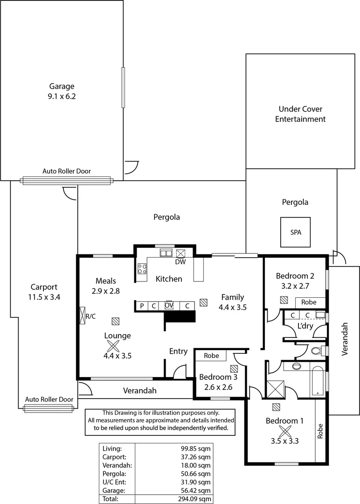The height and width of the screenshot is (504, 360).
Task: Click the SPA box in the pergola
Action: pos(295,232)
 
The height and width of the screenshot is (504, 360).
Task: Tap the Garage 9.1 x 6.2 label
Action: pos(62,91)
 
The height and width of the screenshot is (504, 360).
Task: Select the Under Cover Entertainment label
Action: pos(300,114)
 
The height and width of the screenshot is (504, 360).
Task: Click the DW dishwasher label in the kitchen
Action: pos(180,262)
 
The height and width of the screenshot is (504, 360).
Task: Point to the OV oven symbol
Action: pos(169,305)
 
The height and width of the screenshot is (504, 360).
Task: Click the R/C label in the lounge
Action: pos(90,316)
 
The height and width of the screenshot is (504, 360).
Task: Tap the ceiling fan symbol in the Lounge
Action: pos(112,346)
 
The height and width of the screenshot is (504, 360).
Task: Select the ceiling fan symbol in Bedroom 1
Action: pos(284,431)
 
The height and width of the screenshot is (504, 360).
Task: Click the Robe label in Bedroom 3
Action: pos(211,356)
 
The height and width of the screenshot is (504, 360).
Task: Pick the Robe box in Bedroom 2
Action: pos(308,302)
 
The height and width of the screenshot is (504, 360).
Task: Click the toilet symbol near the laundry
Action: pos(316,350)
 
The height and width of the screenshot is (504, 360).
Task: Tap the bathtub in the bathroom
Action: pos(318,381)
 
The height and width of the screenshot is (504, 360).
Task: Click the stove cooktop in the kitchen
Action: pos(142,269)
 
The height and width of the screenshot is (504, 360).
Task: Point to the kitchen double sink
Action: pos(166,253)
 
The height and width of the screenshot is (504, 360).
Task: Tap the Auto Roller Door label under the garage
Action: pos(67,171)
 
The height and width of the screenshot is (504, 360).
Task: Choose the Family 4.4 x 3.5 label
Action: pos(232,302)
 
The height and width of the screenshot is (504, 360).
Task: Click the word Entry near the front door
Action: pos(178,351)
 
